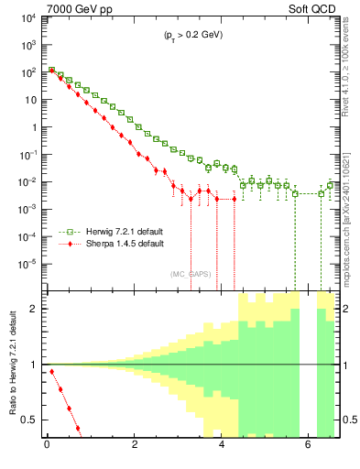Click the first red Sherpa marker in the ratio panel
point(51,371)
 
